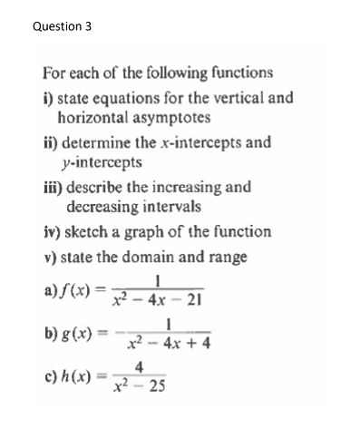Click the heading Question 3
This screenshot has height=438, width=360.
point(62,26)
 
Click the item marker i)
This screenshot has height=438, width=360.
point(49,99)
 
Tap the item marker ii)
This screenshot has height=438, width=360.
point(52,142)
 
